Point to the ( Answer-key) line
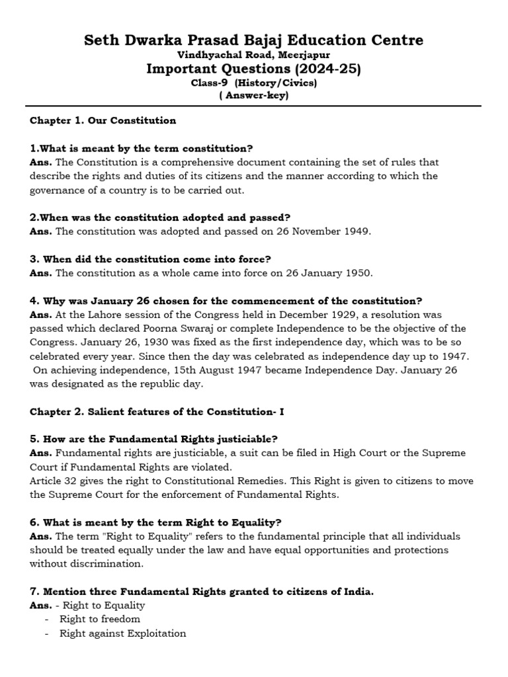point(253,95)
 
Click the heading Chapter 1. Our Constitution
point(103,120)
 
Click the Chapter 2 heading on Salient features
point(157,411)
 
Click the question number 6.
point(33,522)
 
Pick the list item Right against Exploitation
point(122,633)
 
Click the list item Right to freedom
point(100,619)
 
